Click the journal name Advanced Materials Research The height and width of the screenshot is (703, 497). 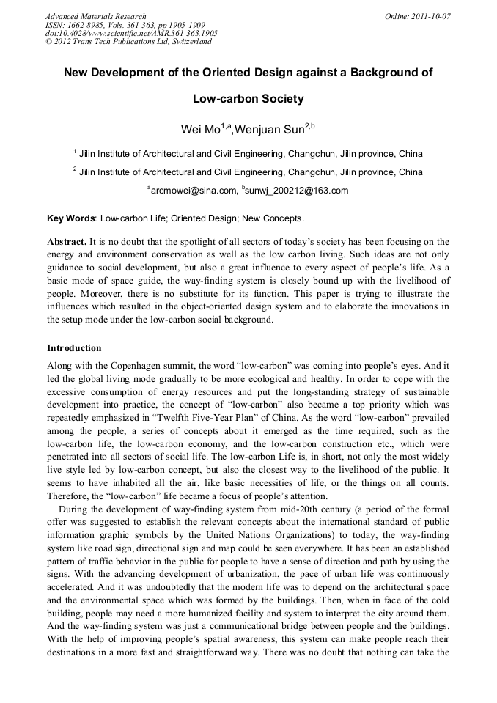coord(95,16)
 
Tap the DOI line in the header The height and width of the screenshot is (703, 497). coord(131,34)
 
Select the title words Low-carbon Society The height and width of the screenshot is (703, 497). coord(248,98)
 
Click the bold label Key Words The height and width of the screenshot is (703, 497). coord(71,218)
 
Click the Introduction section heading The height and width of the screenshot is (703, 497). coord(74,347)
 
